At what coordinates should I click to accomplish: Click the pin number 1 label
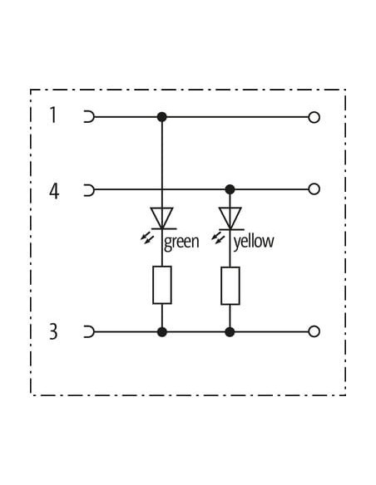pos(53,115)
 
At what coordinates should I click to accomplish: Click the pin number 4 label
pos(54,191)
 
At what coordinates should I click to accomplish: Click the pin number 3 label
pos(53,331)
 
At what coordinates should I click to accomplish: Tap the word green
pos(181,242)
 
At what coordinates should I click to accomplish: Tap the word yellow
pos(254,242)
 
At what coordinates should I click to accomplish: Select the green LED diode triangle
pos(161,218)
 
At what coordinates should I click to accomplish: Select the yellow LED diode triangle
pos(230,218)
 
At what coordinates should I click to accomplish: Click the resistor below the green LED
pos(162,285)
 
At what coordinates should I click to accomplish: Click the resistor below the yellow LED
pos(230,286)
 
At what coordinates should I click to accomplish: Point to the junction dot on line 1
pos(161,117)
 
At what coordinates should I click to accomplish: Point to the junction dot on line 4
pos(230,189)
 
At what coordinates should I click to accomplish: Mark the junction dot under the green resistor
pos(162,332)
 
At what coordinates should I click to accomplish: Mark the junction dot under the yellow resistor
pos(230,332)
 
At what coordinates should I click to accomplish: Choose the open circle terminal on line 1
pos(314,117)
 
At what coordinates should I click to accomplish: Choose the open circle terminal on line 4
pos(314,189)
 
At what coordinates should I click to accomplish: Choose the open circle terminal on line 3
pos(314,331)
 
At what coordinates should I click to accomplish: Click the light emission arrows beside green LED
pos(147,238)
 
